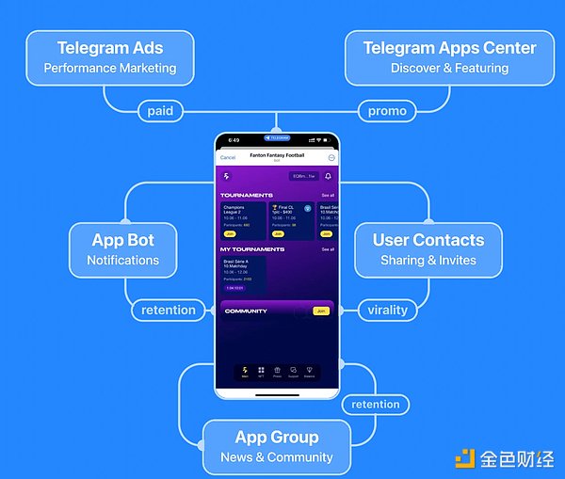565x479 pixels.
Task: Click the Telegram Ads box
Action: point(109,57)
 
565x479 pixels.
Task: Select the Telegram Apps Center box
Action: point(449,57)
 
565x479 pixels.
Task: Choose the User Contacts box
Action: point(428,248)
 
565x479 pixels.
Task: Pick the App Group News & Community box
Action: point(276,446)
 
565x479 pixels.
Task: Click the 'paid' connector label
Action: point(160,111)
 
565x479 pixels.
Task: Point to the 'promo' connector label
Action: point(386,111)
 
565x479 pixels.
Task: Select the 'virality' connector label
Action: point(387,310)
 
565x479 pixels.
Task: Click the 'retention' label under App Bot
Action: point(168,310)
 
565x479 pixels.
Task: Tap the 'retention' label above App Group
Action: point(375,405)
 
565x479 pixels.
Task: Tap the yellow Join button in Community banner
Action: point(321,311)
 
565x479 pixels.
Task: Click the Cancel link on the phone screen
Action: point(228,157)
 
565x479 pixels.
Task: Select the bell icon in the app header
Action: point(329,176)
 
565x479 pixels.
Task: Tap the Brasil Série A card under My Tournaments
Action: point(243,274)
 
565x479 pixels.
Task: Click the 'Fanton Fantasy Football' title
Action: point(277,154)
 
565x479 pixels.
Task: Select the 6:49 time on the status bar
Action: point(234,139)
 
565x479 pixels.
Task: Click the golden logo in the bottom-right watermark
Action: point(465,458)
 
